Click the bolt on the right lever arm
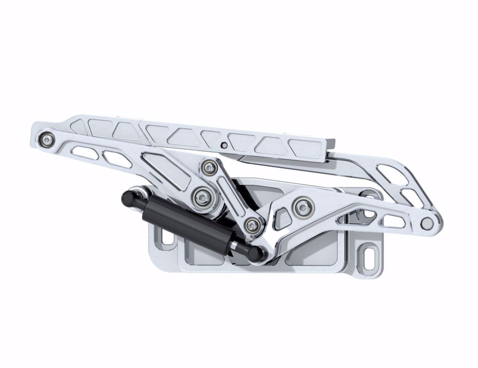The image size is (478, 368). (301, 205)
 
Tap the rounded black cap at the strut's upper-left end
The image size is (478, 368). (127, 197)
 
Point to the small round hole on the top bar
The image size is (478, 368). (224, 145)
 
